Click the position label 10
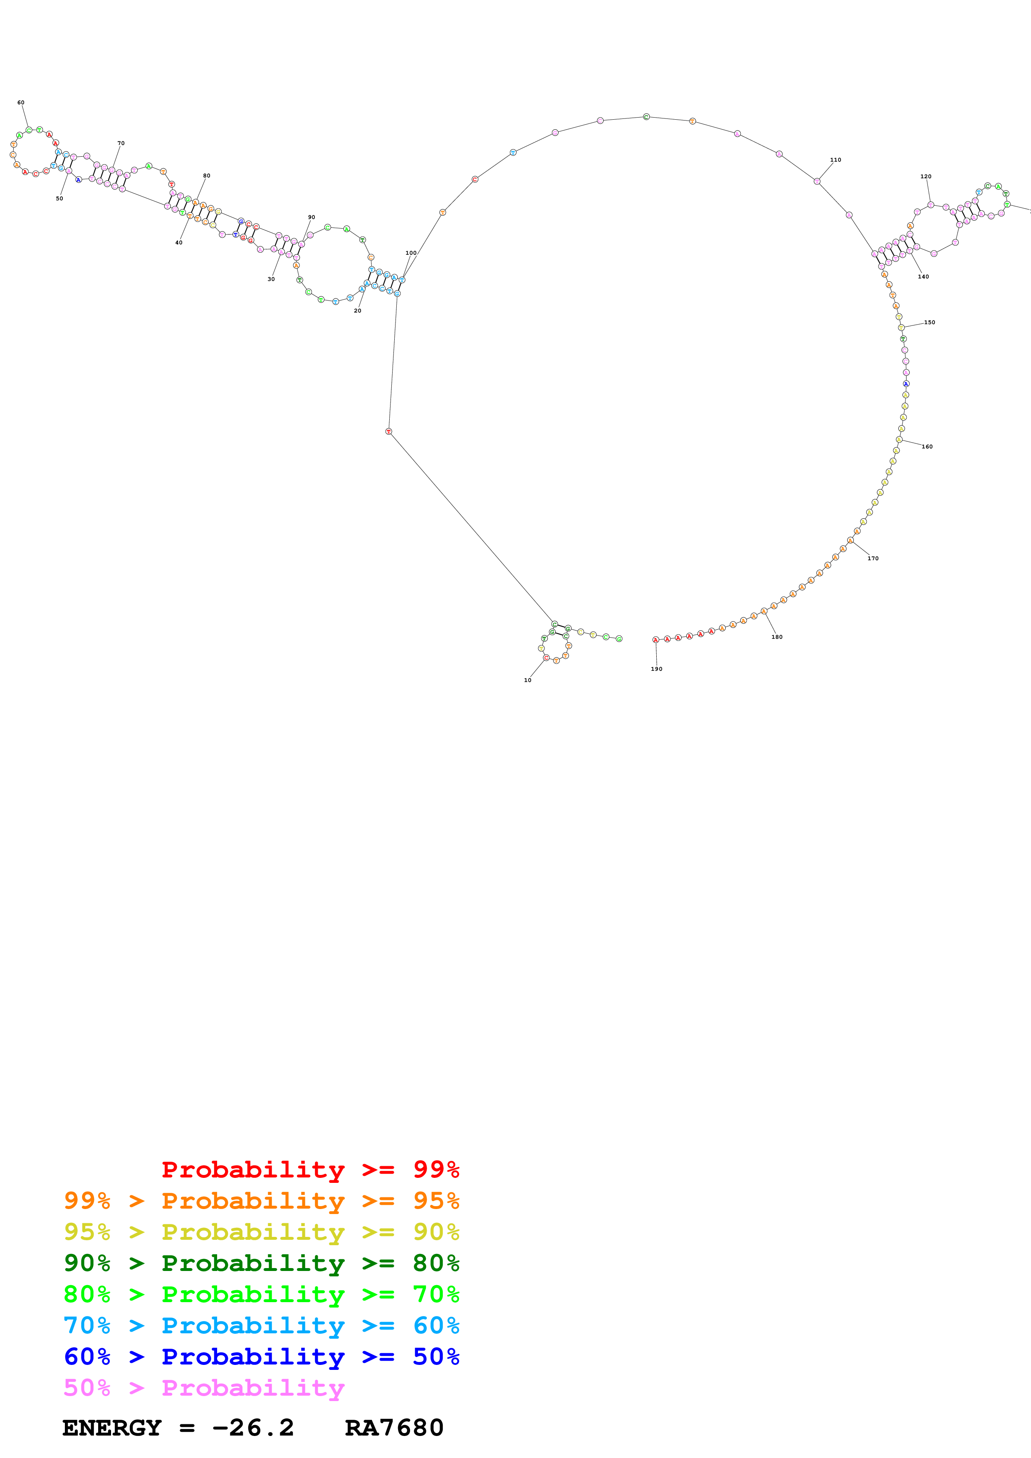point(527,680)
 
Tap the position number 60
point(21,102)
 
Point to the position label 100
point(411,253)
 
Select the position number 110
point(836,160)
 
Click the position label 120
point(925,177)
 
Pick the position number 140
point(923,276)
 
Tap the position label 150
point(930,323)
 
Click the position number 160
point(927,446)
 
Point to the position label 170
point(873,558)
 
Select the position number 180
point(777,637)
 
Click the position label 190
point(656,669)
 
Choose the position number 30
point(271,279)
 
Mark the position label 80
point(206,176)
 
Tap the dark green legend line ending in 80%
point(261,1263)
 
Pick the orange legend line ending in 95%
point(261,1201)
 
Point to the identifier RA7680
point(394,1428)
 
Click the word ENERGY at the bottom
point(112,1428)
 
